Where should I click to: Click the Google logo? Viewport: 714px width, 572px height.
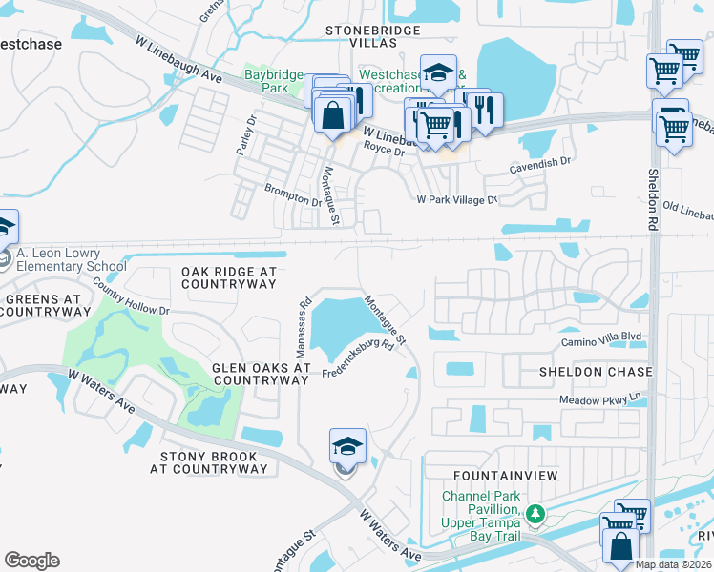pos(31,561)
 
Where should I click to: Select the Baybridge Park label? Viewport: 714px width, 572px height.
pos(273,81)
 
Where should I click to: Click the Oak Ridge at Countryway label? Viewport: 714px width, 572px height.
pos(228,277)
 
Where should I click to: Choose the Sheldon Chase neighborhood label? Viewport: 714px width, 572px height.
pos(596,371)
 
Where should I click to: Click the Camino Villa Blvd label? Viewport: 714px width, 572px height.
pos(600,337)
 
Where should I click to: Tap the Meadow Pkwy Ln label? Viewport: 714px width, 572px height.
pos(598,400)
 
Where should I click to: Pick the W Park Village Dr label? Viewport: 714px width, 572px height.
pos(457,200)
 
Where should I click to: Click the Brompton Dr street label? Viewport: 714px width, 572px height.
pos(293,196)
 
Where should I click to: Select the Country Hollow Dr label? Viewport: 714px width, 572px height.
pos(132,302)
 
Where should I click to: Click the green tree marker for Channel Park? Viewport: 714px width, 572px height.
pos(535,516)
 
